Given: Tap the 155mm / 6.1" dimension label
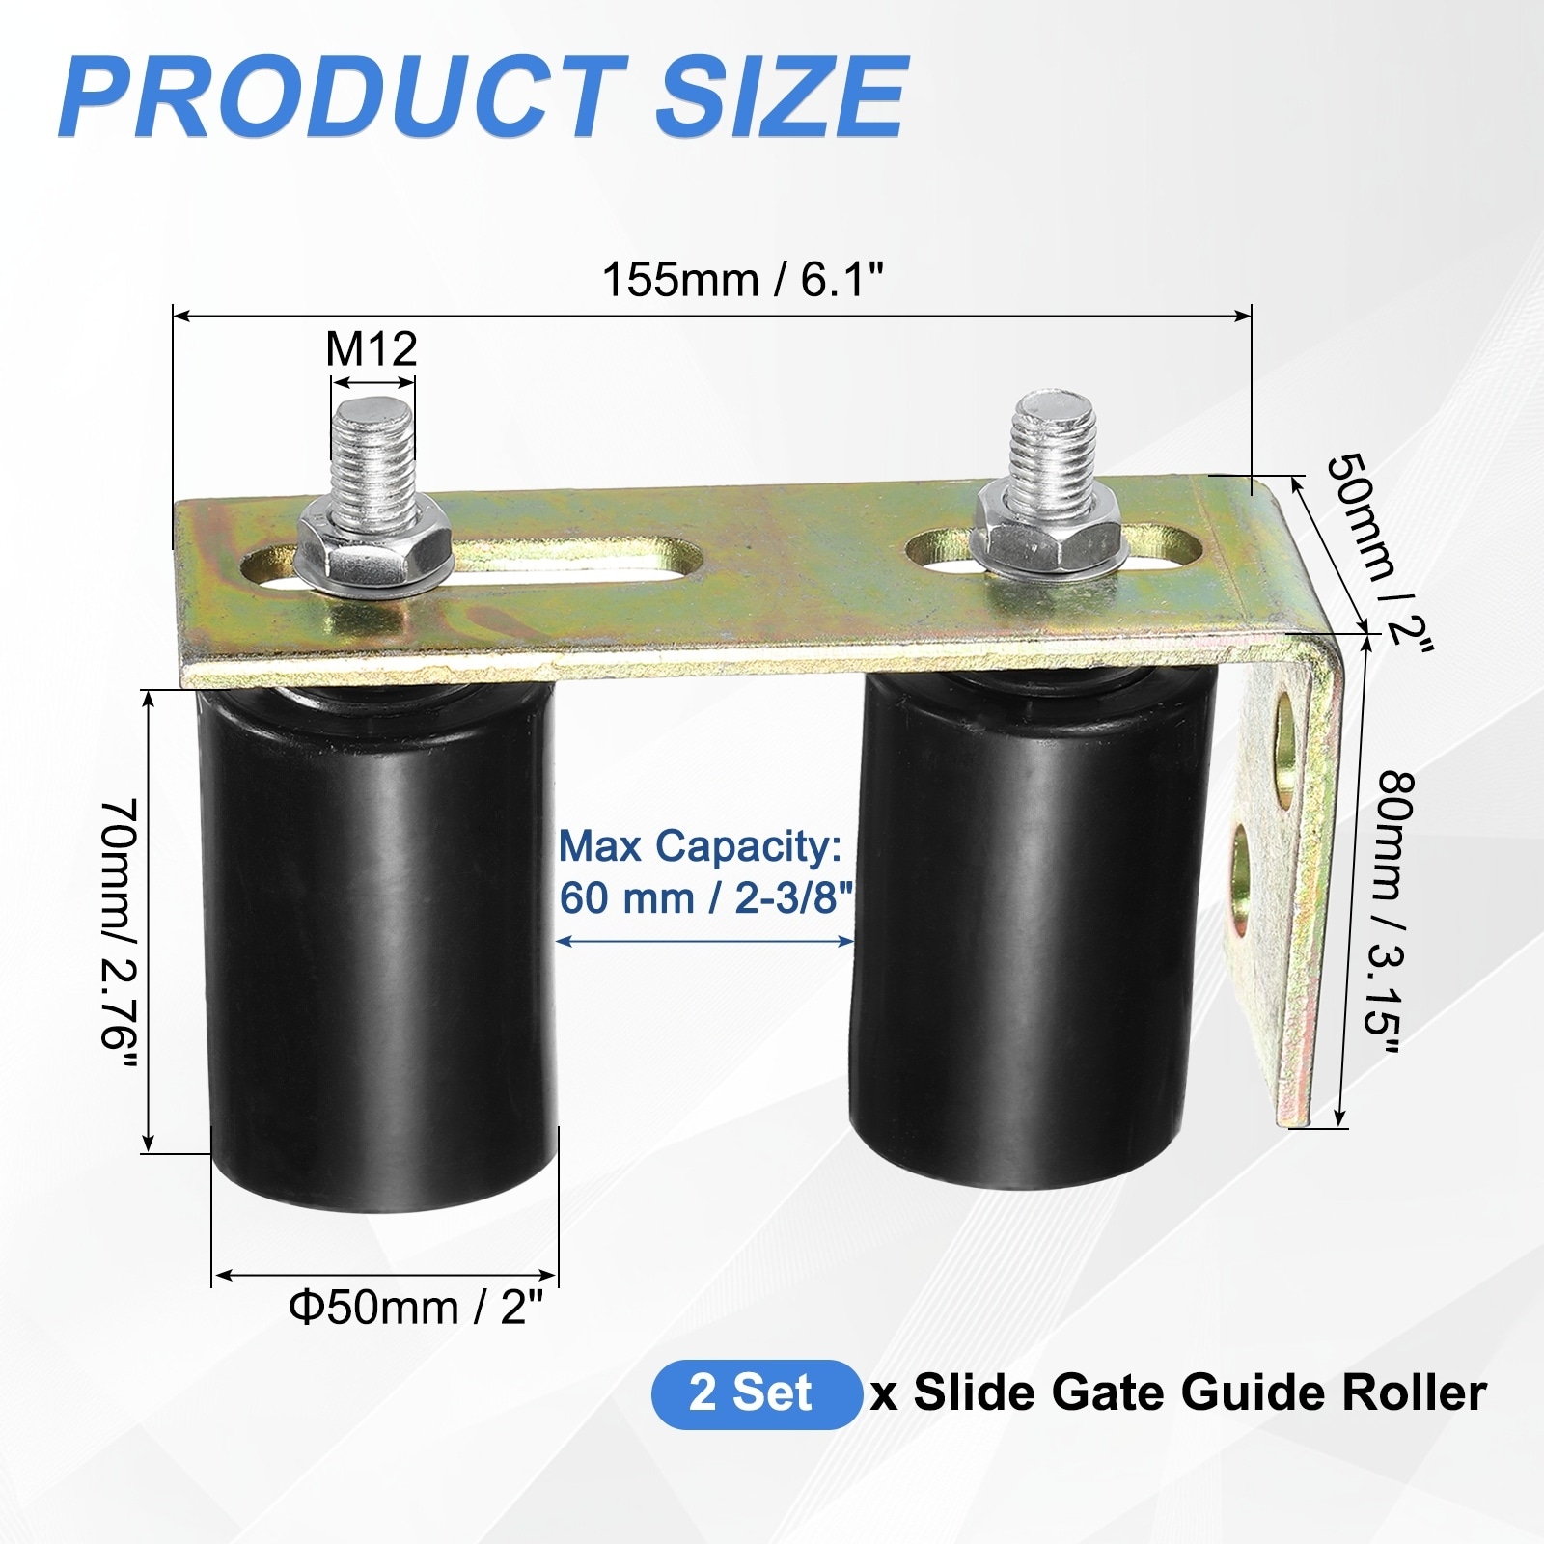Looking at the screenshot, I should click(x=743, y=281).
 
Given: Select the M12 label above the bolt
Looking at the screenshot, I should click(x=372, y=348).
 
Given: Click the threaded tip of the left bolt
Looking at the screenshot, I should click(x=373, y=425).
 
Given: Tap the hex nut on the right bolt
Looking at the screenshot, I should click(x=1049, y=526).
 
